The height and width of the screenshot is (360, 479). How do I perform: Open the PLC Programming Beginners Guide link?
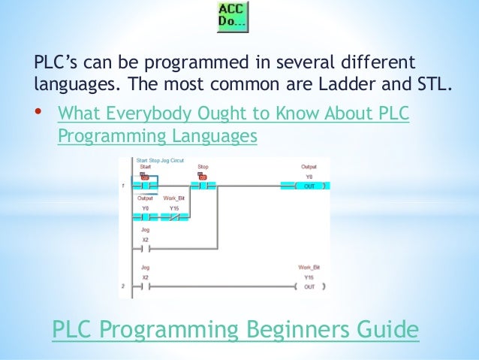(x=233, y=328)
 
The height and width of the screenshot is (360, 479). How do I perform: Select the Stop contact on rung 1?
(x=203, y=186)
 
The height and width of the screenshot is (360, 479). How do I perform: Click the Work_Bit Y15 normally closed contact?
(x=174, y=217)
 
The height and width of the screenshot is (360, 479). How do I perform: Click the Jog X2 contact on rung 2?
(x=146, y=286)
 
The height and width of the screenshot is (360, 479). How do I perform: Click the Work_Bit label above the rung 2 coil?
(x=309, y=268)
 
